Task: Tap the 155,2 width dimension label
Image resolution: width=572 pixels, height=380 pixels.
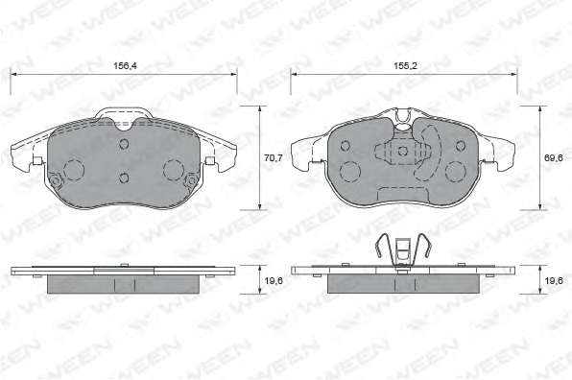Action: (405, 66)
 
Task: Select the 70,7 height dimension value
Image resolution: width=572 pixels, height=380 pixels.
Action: (273, 158)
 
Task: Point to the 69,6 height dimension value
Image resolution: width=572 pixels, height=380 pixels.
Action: (553, 158)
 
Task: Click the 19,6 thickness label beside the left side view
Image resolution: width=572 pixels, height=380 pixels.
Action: (274, 280)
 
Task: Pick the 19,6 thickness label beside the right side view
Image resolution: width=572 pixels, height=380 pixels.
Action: (554, 280)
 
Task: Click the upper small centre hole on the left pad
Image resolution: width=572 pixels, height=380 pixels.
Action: (124, 144)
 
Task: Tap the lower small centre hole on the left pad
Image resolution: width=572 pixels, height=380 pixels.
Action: (124, 178)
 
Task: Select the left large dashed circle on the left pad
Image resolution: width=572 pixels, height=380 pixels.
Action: (74, 170)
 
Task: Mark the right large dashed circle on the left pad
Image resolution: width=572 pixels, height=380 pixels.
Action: (174, 170)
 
